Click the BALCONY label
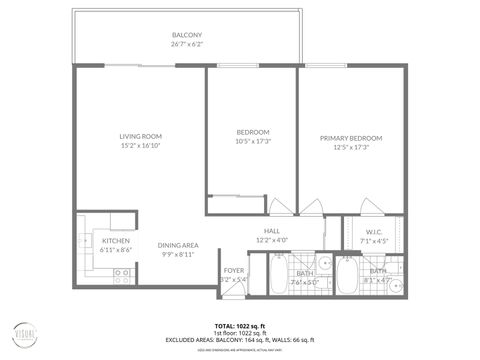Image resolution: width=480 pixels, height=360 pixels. pyautogui.click(x=187, y=35)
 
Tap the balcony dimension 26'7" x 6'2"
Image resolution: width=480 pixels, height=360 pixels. pyautogui.click(x=187, y=45)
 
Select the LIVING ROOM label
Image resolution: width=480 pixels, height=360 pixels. pyautogui.click(x=141, y=136)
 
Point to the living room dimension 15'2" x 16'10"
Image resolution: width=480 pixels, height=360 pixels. pyautogui.click(x=141, y=146)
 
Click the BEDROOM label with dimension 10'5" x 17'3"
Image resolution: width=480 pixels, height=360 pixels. pyautogui.click(x=251, y=132)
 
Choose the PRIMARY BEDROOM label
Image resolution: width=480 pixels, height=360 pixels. pyautogui.click(x=351, y=138)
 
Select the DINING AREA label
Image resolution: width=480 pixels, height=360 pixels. pyautogui.click(x=177, y=245)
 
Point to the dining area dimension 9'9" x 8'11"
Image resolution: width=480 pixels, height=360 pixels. pyautogui.click(x=177, y=255)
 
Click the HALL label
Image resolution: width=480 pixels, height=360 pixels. pyautogui.click(x=271, y=231)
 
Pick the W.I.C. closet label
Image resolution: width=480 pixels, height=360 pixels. pyautogui.click(x=361, y=231)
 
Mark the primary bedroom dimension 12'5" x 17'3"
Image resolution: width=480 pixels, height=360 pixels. pyautogui.click(x=351, y=147)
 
